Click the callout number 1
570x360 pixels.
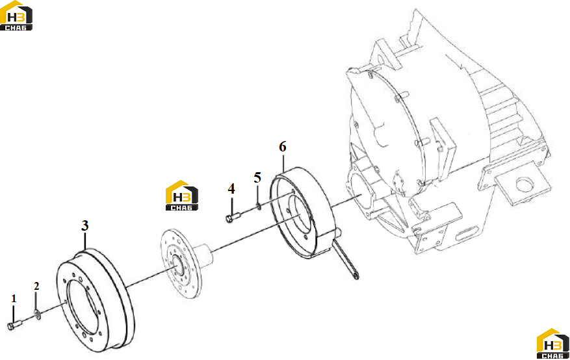tap(14, 299)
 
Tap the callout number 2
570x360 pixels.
tap(36, 287)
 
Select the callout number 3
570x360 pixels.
tap(84, 225)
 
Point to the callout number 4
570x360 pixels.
tap(231, 188)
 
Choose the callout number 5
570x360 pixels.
tap(257, 177)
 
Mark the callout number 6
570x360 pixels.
tap(283, 146)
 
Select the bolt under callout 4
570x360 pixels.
tap(234, 218)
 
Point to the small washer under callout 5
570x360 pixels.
tap(259, 207)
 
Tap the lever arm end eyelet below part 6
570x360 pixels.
tap(356, 276)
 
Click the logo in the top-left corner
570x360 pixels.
tap(16, 16)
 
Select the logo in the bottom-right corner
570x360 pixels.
tap(553, 344)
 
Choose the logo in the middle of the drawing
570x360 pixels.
tap(182, 196)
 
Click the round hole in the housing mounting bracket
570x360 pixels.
tap(525, 185)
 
